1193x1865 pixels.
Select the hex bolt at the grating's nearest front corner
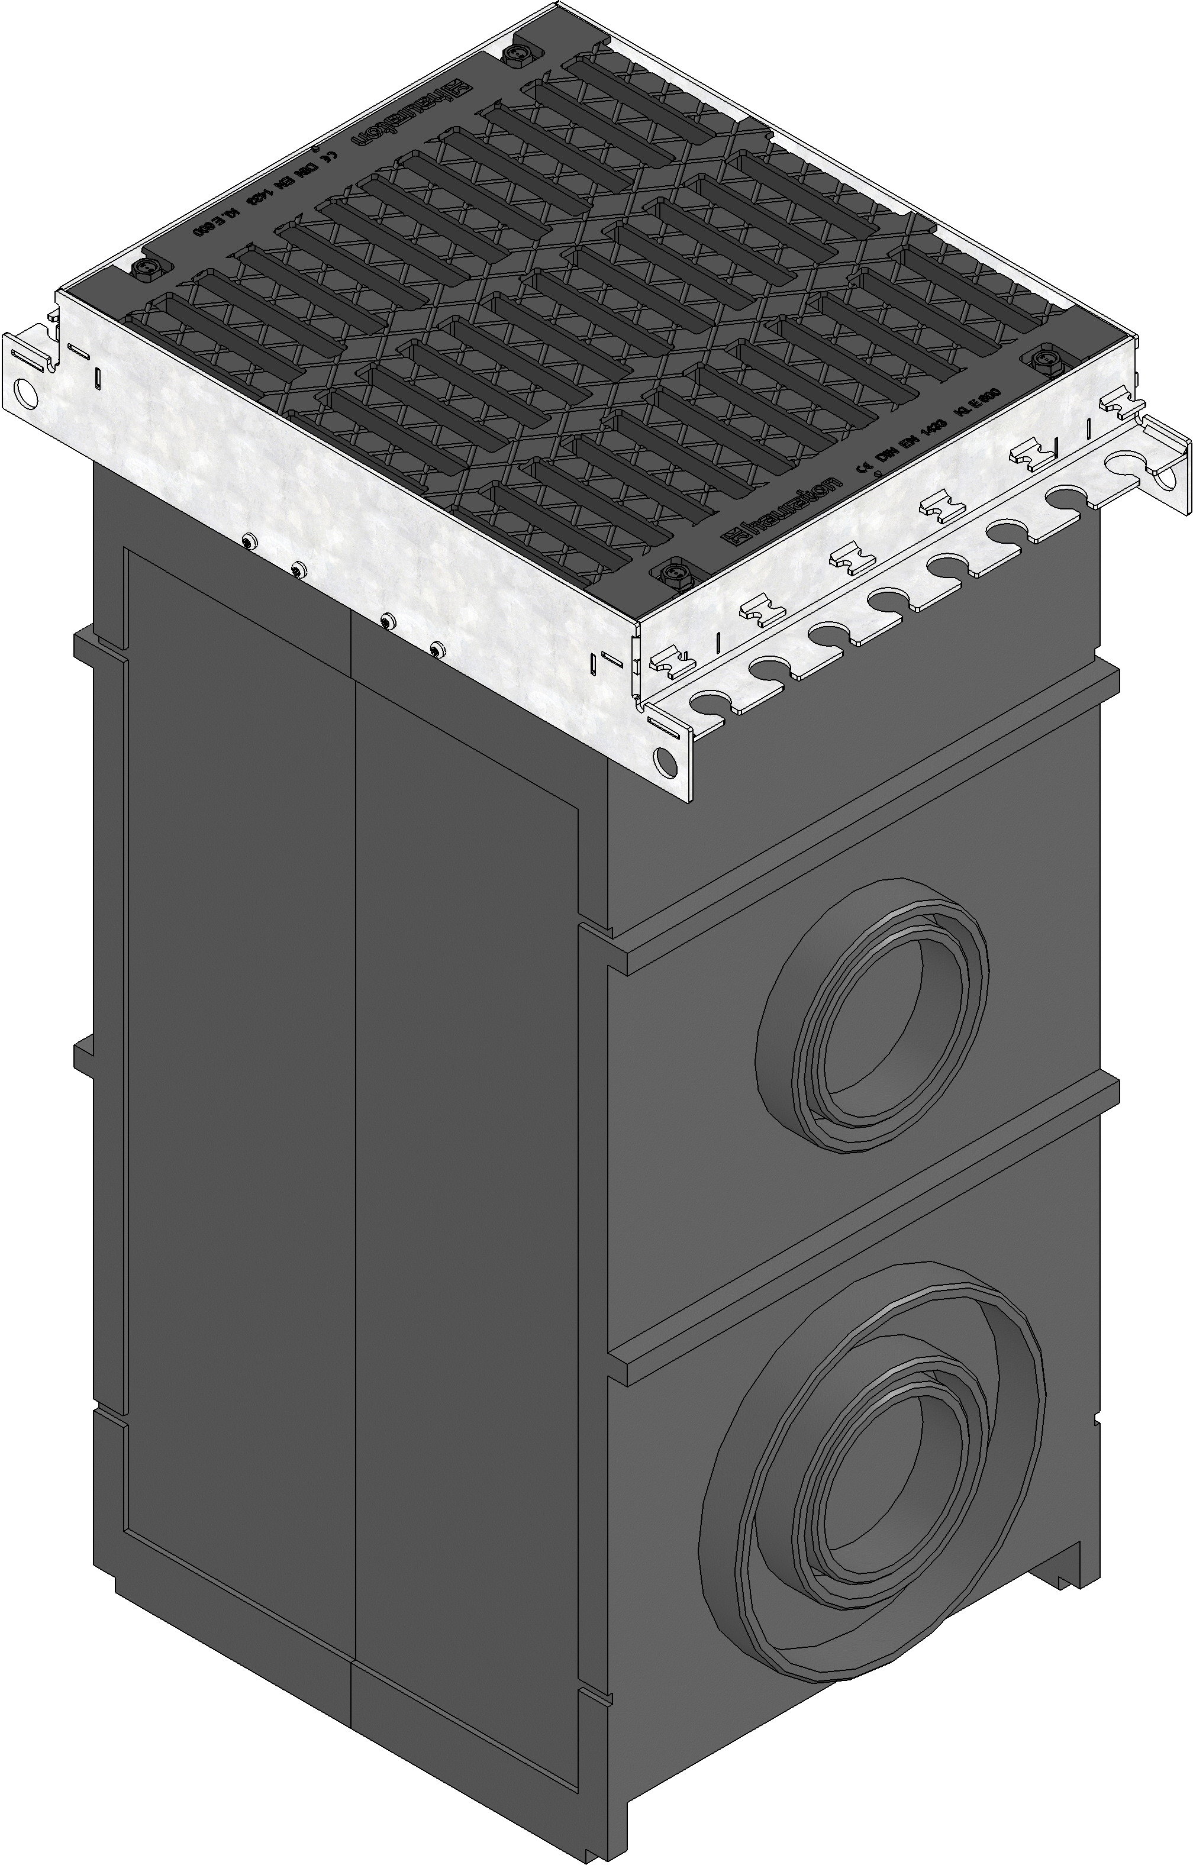pyautogui.click(x=671, y=575)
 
